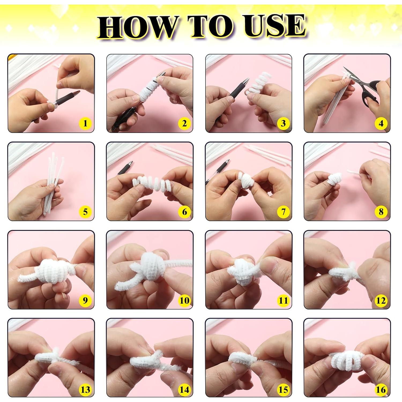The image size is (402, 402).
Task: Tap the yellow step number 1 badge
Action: [x=85, y=123]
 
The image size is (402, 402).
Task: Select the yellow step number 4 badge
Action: [x=381, y=124]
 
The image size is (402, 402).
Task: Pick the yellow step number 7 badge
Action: [x=283, y=212]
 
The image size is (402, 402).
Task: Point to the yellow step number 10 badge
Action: [x=184, y=300]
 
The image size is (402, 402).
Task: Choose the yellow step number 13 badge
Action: [x=85, y=389]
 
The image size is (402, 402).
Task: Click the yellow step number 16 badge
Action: [x=381, y=389]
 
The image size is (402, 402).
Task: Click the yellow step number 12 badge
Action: [x=381, y=300]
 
